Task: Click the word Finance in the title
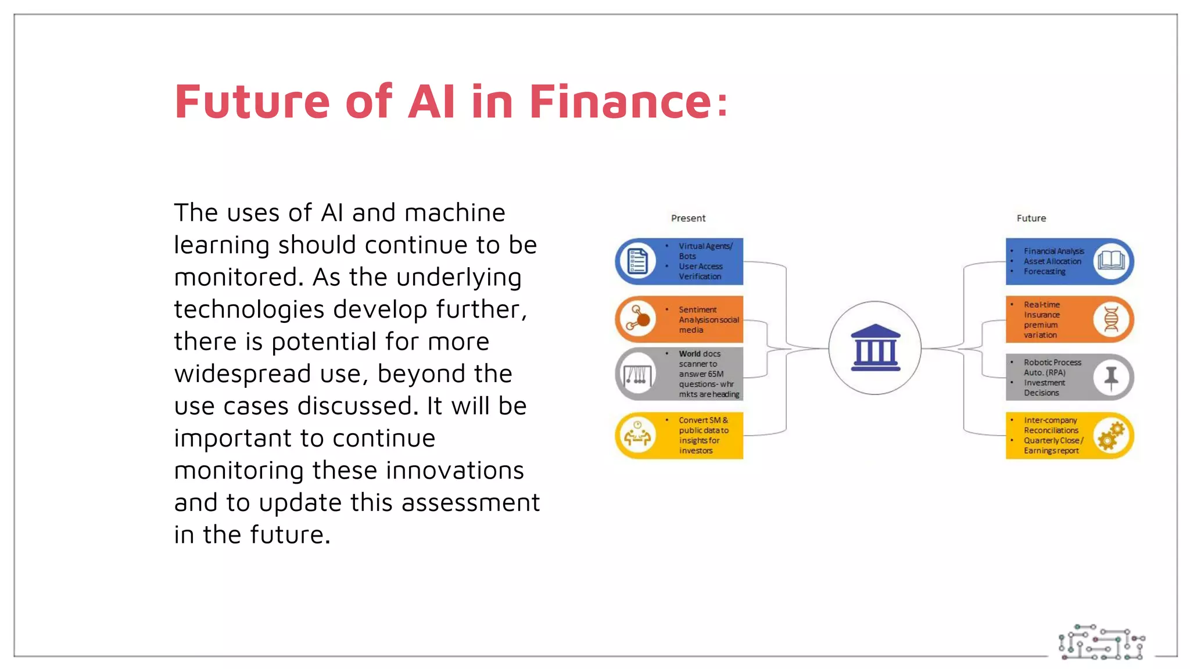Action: click(x=621, y=102)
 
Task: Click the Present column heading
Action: click(x=688, y=218)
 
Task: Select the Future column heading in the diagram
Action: click(x=1031, y=218)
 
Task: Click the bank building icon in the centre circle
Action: click(x=875, y=348)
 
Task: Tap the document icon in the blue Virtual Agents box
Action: click(x=637, y=261)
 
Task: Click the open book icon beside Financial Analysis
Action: click(x=1111, y=261)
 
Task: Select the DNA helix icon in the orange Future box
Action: click(x=1111, y=319)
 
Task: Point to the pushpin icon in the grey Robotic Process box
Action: click(x=1111, y=377)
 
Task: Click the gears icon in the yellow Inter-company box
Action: click(x=1111, y=436)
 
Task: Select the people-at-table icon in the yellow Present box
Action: click(x=637, y=436)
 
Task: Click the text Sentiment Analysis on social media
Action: click(x=708, y=320)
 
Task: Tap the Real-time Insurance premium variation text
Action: click(x=1042, y=320)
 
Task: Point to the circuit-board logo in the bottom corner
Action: click(x=1101, y=643)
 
